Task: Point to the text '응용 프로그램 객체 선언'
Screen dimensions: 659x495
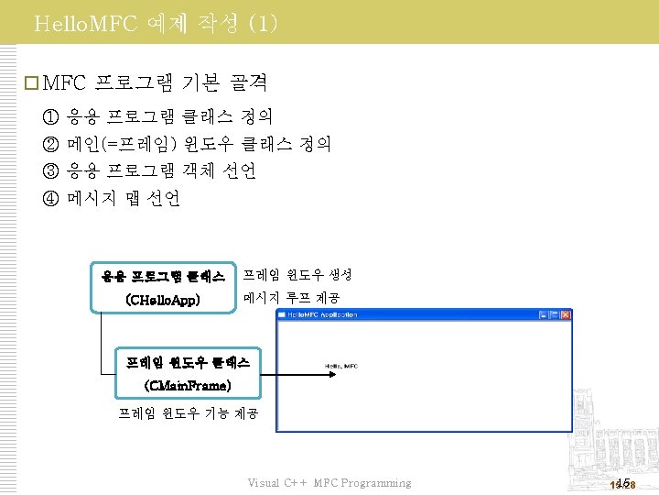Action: click(x=162, y=170)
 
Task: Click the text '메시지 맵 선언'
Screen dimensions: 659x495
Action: click(x=124, y=197)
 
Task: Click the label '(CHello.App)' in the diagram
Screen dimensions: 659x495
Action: click(x=163, y=299)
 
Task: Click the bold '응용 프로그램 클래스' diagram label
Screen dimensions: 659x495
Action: click(x=163, y=275)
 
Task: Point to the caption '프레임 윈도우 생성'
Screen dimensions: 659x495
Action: click(x=297, y=274)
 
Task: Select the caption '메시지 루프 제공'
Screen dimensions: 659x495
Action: click(x=291, y=298)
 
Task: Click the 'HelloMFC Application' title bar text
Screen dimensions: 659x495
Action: click(x=322, y=314)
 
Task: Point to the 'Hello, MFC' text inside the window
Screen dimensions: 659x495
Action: click(x=340, y=367)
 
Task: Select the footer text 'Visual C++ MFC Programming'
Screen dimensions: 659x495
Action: click(x=329, y=483)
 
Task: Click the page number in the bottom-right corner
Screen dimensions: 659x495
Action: click(x=622, y=483)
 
